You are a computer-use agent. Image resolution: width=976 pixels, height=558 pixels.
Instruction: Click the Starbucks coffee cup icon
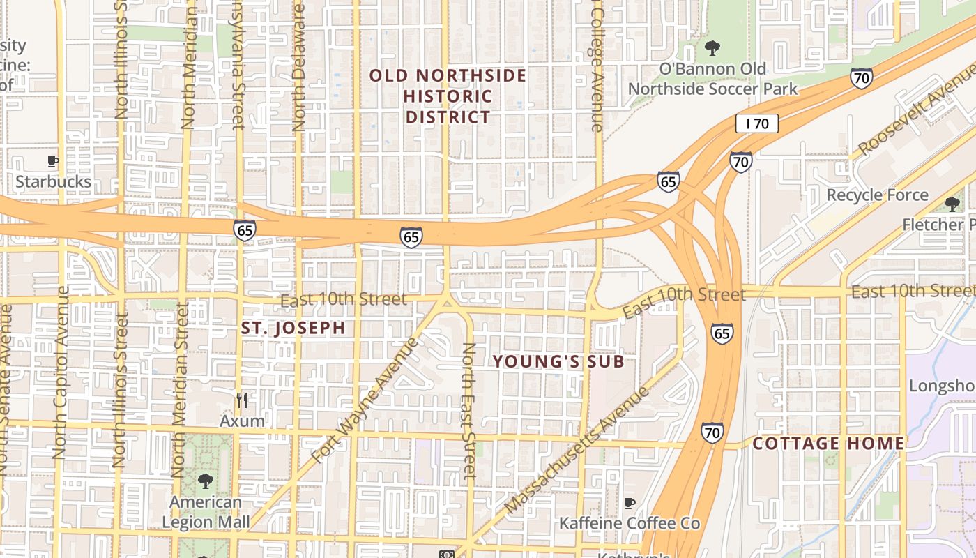pos(53,162)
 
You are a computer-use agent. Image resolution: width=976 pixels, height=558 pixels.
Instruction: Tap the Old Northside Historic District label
pos(448,96)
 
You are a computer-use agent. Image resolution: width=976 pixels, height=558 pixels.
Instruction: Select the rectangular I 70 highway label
pos(756,124)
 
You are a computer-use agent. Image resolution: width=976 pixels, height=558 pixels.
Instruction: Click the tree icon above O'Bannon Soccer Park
pos(712,48)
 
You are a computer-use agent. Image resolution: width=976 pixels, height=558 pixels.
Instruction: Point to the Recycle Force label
pos(877,195)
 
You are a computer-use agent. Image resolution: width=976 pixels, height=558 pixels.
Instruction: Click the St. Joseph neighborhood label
pos(293,328)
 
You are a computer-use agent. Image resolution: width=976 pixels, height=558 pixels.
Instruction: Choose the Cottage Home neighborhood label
pos(828,444)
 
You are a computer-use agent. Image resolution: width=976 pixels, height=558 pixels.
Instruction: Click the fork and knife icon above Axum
pos(242,400)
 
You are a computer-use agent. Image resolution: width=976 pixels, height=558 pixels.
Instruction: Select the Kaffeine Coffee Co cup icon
pos(630,503)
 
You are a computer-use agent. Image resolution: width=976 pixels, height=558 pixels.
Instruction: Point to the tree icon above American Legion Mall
pos(205,481)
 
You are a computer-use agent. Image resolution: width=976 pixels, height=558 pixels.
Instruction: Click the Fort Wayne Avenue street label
pos(366,400)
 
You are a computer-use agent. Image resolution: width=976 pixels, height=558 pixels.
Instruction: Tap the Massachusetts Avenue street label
pos(577,449)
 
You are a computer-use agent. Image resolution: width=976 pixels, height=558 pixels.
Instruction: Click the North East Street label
pos(469,412)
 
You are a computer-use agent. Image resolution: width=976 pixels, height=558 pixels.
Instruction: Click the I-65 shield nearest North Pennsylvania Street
pos(245,230)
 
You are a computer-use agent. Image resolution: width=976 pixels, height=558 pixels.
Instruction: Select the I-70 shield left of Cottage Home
pos(712,432)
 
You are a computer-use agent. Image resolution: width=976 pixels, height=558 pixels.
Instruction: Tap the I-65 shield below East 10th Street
pos(722,333)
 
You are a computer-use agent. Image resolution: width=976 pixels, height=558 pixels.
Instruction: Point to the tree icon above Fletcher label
pos(952,204)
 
